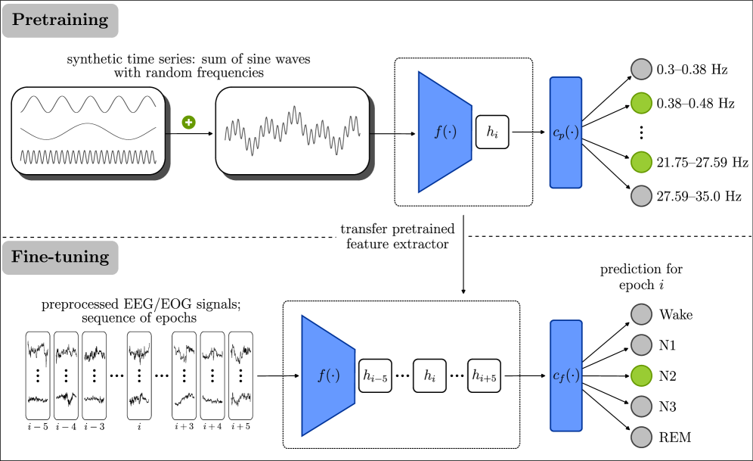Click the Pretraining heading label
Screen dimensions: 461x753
[x=60, y=20]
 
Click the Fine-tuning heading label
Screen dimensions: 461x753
[x=60, y=257]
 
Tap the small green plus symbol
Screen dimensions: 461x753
[x=188, y=122]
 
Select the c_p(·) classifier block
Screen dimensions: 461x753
[x=566, y=132]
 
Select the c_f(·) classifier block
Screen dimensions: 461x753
[x=566, y=375]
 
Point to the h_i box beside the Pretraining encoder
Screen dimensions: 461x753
[x=492, y=132]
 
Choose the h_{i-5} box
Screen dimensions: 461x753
[x=375, y=375]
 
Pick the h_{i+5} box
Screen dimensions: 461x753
[x=484, y=375]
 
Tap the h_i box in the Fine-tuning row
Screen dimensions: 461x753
[x=429, y=375]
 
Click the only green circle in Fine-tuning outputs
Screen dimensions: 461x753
[x=641, y=375]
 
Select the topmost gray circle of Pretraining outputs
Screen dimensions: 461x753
[x=641, y=70]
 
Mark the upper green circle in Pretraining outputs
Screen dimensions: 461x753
[x=641, y=103]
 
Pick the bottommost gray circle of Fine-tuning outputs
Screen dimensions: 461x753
[x=641, y=438]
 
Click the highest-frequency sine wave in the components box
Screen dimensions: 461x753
[x=88, y=157]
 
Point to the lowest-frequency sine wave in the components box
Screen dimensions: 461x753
[x=88, y=132]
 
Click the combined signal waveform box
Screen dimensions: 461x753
[x=293, y=130]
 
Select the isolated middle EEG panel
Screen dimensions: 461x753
[x=139, y=375]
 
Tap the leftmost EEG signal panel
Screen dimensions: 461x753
[x=38, y=375]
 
